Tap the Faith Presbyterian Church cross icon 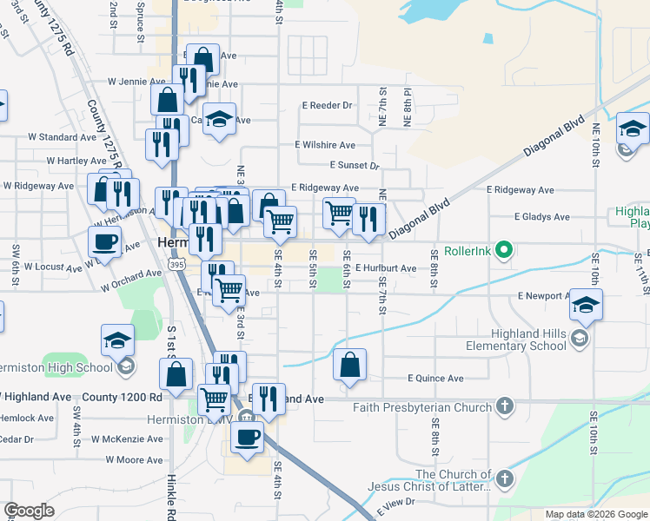pyautogui.click(x=504, y=406)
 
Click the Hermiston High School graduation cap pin pyautogui.click(x=117, y=341)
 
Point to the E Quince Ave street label pyautogui.click(x=435, y=379)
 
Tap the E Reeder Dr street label pyautogui.click(x=327, y=105)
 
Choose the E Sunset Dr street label pyautogui.click(x=355, y=165)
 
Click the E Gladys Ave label pyautogui.click(x=541, y=216)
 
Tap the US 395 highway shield pyautogui.click(x=176, y=264)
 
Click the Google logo pyautogui.click(x=29, y=511)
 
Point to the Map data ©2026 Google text pyautogui.click(x=596, y=514)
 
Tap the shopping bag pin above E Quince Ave pyautogui.click(x=349, y=366)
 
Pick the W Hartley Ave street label pyautogui.click(x=76, y=161)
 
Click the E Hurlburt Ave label pyautogui.click(x=385, y=268)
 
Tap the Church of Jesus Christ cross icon pyautogui.click(x=504, y=478)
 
